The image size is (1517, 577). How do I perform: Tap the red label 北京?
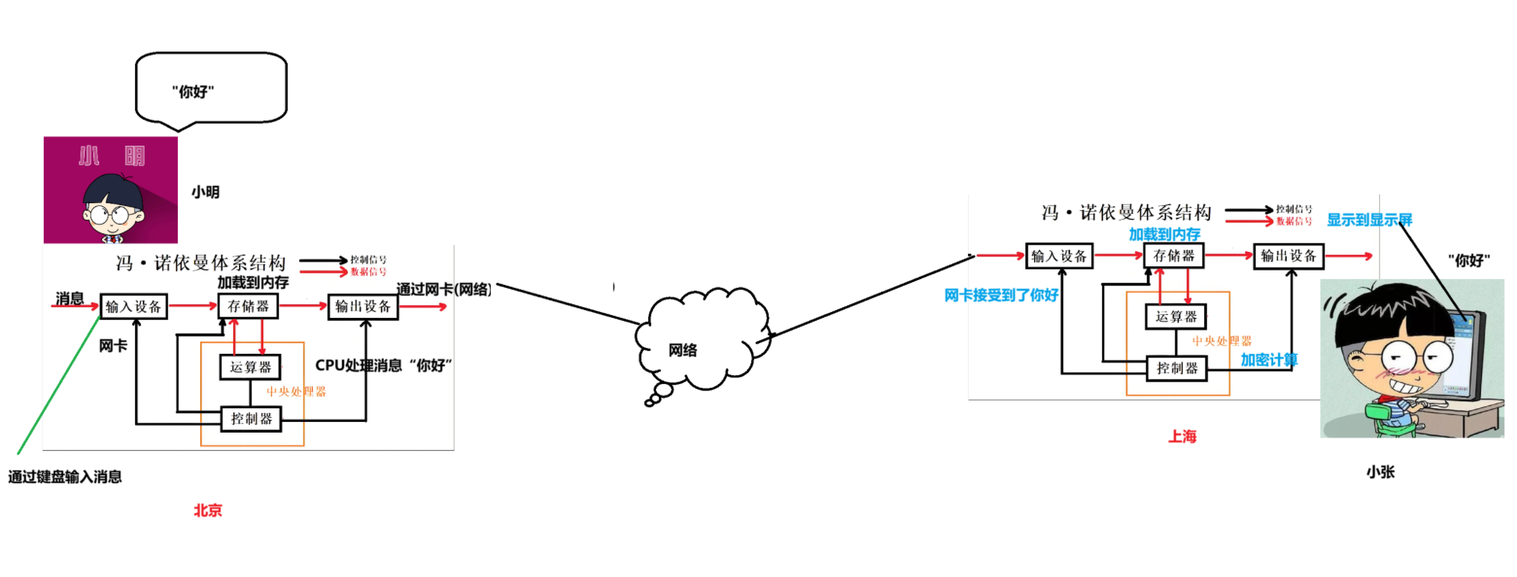207,510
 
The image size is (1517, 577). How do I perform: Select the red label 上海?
1182,436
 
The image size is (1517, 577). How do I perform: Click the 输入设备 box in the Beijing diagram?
133,306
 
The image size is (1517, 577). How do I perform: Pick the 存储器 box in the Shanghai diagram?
1173,255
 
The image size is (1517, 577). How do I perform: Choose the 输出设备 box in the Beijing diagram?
363,306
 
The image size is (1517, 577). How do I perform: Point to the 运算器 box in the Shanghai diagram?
1176,316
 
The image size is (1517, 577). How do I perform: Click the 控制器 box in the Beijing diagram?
251,418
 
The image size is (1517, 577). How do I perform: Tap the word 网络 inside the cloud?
682,350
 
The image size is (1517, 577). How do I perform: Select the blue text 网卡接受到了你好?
1001,295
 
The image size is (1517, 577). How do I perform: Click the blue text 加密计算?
1269,360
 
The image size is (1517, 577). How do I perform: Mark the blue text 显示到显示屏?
1368,220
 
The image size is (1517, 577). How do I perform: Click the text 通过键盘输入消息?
65,477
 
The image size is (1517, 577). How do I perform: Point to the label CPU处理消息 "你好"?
383,365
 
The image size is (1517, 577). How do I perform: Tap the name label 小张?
1380,472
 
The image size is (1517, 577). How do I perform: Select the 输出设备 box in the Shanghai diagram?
1288,256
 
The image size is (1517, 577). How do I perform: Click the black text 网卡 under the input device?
113,346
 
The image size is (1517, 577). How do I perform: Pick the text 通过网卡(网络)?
443,289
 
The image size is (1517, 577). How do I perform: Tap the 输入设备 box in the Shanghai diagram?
1059,256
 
